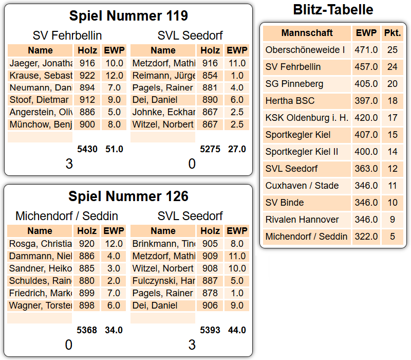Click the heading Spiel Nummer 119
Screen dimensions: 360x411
click(128, 16)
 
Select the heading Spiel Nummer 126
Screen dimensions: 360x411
click(128, 196)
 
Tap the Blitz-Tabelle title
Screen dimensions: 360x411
click(333, 9)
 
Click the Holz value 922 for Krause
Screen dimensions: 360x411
click(87, 75)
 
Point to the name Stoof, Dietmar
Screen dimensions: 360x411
click(39, 100)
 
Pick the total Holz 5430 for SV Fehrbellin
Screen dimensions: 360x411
click(87, 149)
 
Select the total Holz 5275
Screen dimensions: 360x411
click(210, 149)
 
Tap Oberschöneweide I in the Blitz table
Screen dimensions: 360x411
click(305, 50)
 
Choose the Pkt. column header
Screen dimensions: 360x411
click(393, 33)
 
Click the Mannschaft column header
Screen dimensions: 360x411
click(307, 33)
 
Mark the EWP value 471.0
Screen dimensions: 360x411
click(366, 50)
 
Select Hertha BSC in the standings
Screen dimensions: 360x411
click(290, 101)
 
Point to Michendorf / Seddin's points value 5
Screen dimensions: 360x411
click(393, 237)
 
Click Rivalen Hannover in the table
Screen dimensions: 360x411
click(302, 220)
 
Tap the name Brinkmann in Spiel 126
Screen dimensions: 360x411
click(163, 244)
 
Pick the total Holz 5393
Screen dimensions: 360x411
click(210, 330)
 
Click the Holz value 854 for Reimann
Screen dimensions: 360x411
click(210, 75)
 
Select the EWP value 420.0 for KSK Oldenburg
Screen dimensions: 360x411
click(366, 118)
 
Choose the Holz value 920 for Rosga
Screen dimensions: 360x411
click(87, 244)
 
